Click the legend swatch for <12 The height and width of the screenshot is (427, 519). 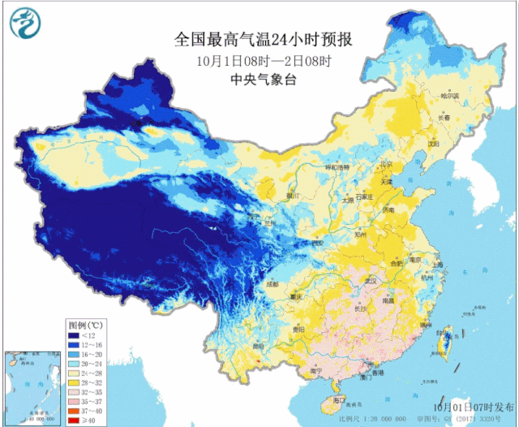75,335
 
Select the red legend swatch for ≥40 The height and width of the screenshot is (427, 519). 75,421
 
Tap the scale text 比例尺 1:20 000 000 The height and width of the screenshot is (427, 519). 387,419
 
